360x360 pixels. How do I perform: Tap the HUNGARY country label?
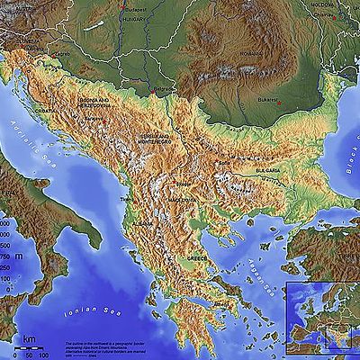pyautogui.click(x=135, y=18)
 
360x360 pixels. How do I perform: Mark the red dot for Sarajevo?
pyautogui.click(x=105, y=121)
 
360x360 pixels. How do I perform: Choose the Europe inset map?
pyautogui.click(x=321, y=319)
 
